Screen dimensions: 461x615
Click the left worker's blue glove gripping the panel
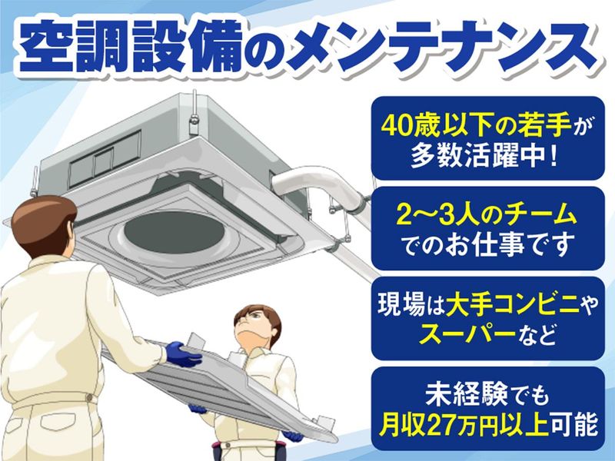coord(182,356)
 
